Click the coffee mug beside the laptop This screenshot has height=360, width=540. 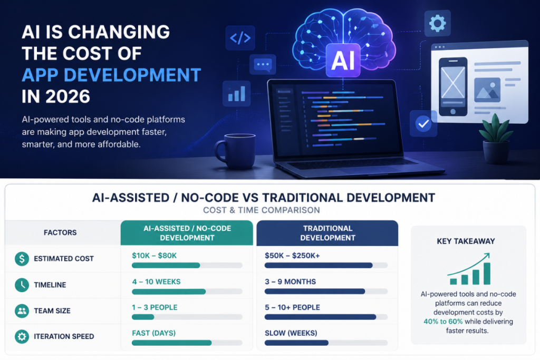tap(236, 151)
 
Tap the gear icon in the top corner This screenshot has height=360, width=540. tap(437, 23)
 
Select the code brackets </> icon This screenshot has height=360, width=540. tap(240, 38)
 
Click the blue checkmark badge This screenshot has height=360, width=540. tap(423, 123)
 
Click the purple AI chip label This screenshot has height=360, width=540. tap(343, 60)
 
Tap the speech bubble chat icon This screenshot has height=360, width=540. tap(263, 64)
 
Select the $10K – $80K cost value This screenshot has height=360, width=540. tap(155, 256)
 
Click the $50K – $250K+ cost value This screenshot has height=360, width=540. tap(292, 256)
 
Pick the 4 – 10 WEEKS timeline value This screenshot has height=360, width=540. tap(156, 281)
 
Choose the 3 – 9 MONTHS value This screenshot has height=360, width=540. tap(291, 281)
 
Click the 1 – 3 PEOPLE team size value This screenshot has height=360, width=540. tap(155, 307)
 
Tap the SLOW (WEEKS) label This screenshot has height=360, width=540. tap(291, 333)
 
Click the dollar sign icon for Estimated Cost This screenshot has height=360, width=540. tap(22, 258)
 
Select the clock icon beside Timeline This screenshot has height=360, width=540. tap(22, 285)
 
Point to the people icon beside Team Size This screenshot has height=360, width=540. tap(22, 311)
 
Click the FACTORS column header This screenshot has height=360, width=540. tap(60, 232)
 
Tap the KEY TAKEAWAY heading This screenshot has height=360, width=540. tap(466, 241)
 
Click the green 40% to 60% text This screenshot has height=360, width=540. tap(443, 322)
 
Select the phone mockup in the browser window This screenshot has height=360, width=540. tap(453, 87)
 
